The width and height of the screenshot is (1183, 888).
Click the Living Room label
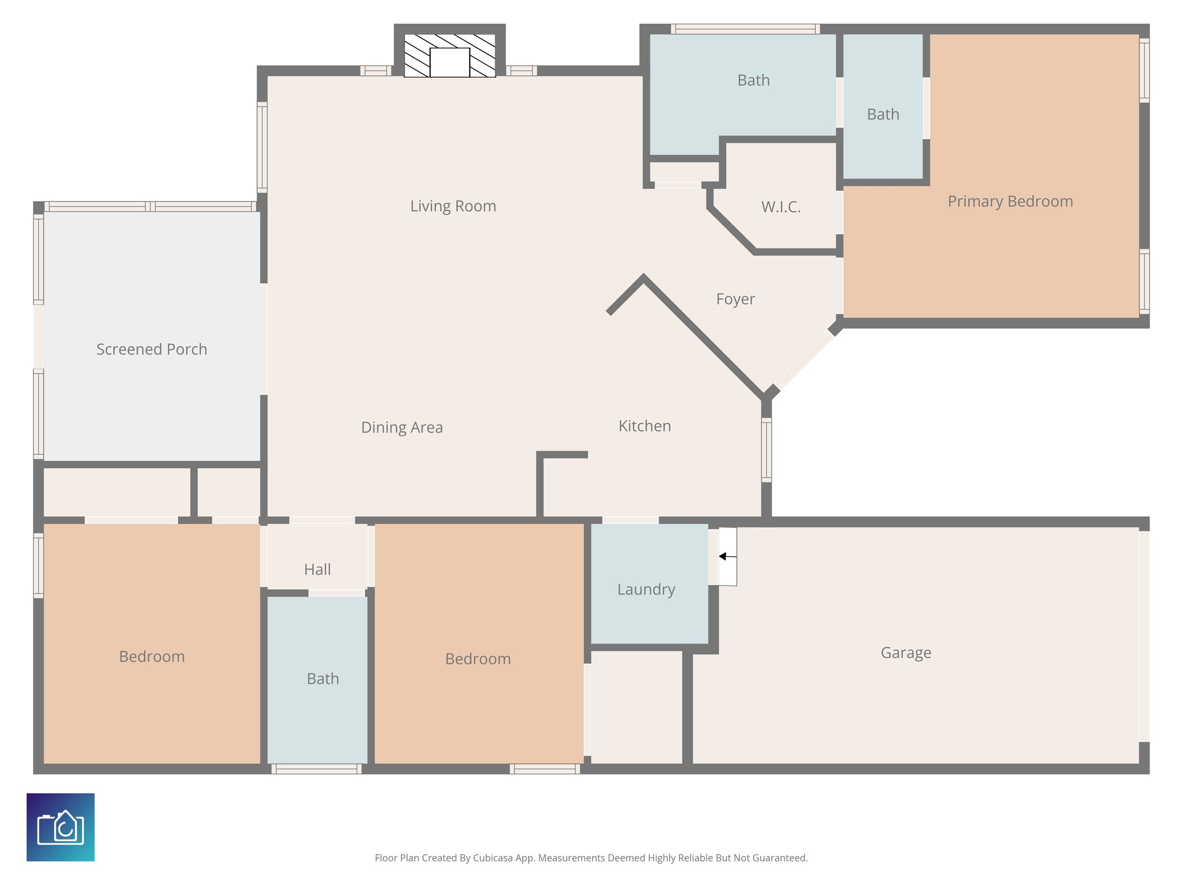[453, 206]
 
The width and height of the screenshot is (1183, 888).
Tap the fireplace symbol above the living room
[449, 55]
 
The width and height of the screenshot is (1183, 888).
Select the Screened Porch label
[151, 349]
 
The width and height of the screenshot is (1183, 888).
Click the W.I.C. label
[781, 207]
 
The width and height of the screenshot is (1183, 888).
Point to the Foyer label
[735, 299]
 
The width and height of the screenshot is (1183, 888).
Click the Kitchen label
[645, 426]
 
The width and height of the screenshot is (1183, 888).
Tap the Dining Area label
[401, 427]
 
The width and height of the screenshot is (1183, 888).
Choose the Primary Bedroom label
[1010, 201]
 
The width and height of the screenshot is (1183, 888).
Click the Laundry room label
[646, 589]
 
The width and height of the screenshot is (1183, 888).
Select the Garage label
[905, 653]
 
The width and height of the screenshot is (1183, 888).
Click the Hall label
[317, 569]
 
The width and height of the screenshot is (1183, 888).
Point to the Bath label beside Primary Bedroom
[883, 114]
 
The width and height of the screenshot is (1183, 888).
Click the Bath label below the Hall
[322, 679]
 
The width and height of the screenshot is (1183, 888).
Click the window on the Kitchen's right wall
[766, 450]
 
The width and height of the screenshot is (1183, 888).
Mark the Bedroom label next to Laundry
[478, 659]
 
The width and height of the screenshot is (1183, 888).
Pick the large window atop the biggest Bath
[745, 29]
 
